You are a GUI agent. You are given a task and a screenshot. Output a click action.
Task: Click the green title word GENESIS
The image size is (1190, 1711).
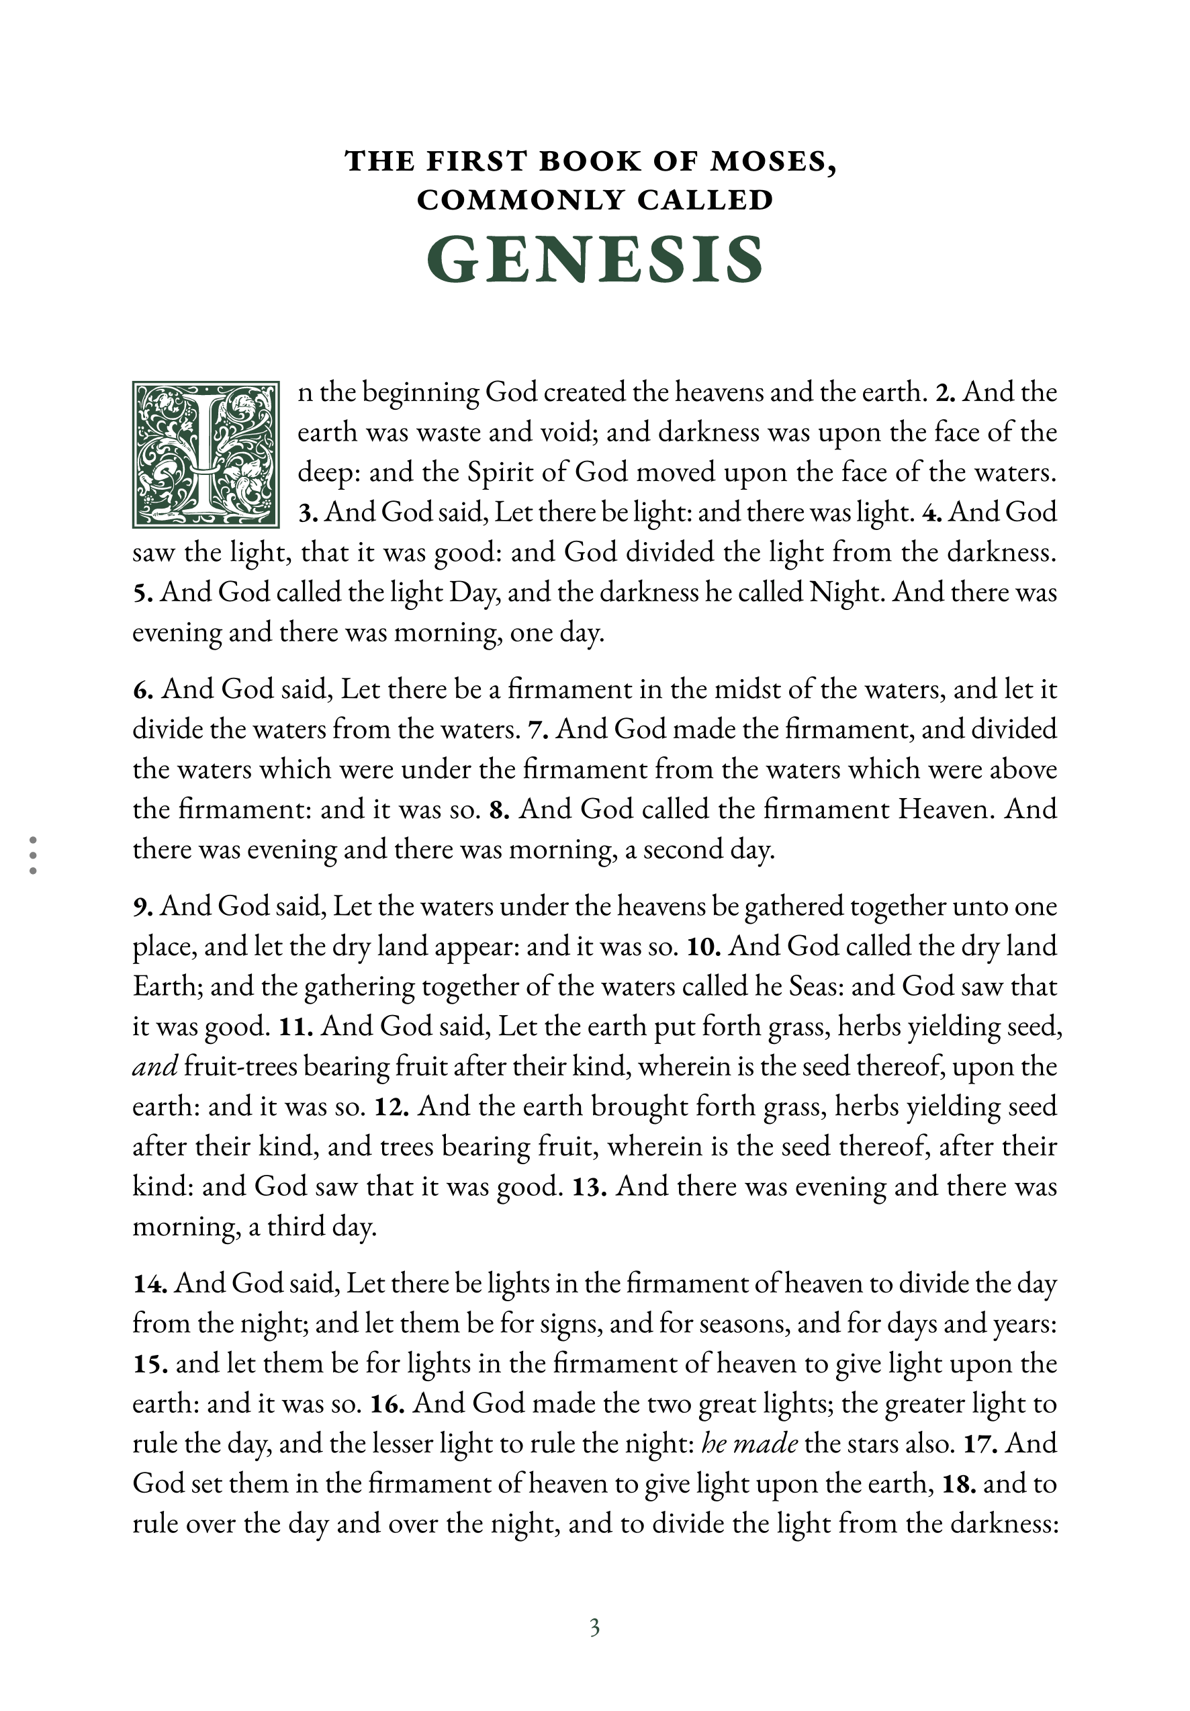594,260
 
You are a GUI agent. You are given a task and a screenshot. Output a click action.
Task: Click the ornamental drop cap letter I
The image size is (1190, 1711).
205,455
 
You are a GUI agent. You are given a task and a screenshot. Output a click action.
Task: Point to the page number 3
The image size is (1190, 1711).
594,1628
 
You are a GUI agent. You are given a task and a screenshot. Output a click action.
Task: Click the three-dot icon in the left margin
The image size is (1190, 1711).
33,854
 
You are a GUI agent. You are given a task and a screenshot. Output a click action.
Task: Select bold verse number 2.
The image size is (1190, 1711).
945,393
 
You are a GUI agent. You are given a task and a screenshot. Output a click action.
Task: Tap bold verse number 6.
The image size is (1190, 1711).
143,690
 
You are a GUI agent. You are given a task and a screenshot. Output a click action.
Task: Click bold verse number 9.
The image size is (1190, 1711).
142,908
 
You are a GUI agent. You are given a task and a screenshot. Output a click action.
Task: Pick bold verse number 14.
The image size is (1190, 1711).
149,1284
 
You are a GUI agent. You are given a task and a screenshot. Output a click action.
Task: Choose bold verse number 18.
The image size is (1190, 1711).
958,1484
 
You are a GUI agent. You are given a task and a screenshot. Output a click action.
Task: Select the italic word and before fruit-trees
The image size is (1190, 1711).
155,1067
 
